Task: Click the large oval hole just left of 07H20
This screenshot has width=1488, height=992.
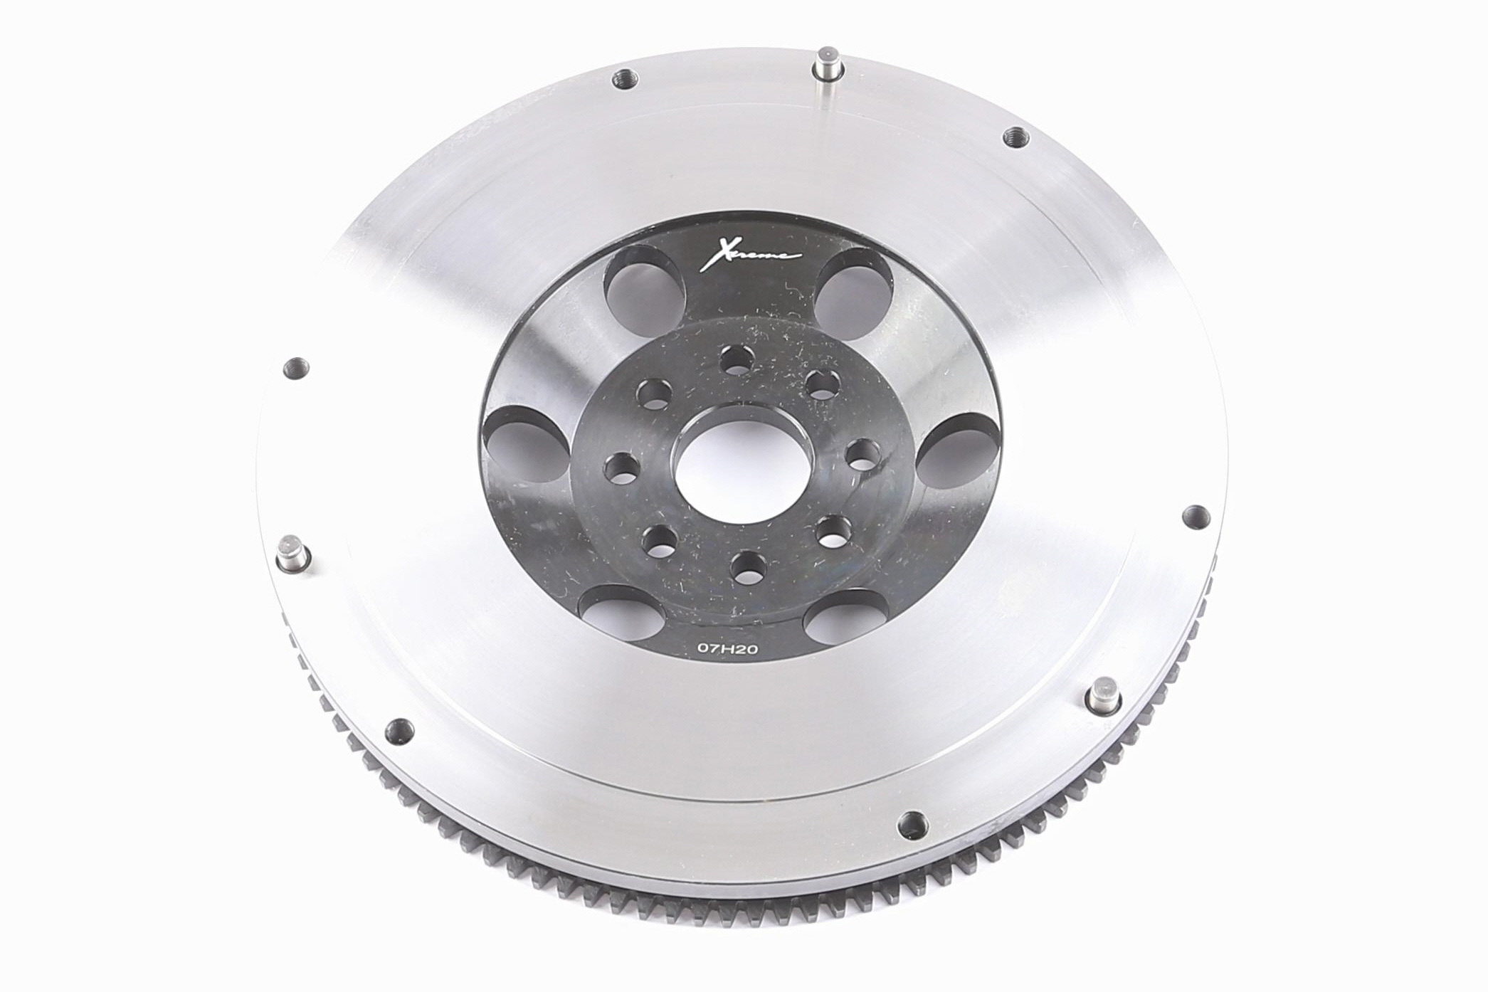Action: pyautogui.click(x=616, y=611)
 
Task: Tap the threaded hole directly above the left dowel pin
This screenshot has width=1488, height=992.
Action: pyautogui.click(x=295, y=368)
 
